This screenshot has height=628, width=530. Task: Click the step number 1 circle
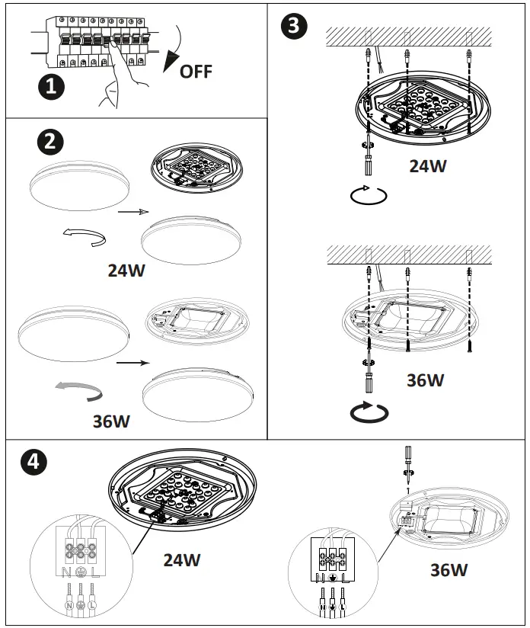click(x=51, y=86)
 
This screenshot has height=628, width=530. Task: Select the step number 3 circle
click(x=294, y=26)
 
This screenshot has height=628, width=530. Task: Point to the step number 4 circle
click(x=30, y=460)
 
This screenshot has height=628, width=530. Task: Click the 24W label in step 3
click(x=428, y=166)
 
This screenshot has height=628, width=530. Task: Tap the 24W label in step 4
click(x=182, y=560)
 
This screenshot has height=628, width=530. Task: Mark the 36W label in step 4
click(x=449, y=569)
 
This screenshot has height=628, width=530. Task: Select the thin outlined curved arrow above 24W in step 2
click(x=85, y=238)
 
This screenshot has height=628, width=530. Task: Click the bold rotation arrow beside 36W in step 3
click(x=369, y=412)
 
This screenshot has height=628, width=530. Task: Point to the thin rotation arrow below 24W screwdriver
click(x=369, y=194)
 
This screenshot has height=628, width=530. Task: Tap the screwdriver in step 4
click(x=408, y=466)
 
